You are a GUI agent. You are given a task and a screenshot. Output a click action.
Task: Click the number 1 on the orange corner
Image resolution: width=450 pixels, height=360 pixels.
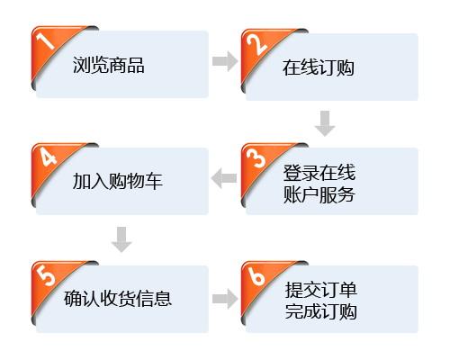[x=45, y=40]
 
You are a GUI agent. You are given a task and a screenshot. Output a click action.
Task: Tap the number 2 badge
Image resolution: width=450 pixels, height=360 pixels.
[x=257, y=44]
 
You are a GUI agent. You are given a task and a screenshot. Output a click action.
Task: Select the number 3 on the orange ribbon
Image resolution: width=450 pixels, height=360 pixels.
[x=256, y=158]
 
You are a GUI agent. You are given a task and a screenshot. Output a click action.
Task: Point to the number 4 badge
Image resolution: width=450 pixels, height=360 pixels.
[x=49, y=157]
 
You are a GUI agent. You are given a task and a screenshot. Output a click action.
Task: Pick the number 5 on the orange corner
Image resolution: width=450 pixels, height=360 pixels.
[x=46, y=275]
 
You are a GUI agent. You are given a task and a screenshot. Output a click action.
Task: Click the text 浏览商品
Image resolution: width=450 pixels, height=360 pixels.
[x=109, y=65]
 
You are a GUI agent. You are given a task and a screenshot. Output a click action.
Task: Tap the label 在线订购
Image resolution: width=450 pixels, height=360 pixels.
[x=319, y=67]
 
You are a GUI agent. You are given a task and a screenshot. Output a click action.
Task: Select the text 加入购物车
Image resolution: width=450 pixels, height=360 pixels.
[x=117, y=181]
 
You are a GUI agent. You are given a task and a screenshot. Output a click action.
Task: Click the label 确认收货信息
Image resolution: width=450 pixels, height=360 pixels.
[x=118, y=298]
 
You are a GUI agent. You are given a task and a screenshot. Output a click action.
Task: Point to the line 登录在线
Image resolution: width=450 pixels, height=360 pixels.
[x=319, y=173]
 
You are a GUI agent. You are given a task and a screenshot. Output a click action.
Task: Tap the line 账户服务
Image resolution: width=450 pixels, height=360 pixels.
[x=319, y=194]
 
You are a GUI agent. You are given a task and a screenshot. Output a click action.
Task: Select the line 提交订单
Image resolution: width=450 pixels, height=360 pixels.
[x=320, y=290]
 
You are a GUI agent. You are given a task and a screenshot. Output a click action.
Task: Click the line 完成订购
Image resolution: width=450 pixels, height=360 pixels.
[x=320, y=311]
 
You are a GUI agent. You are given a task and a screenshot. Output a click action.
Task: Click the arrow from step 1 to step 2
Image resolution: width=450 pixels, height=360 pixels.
[x=225, y=61]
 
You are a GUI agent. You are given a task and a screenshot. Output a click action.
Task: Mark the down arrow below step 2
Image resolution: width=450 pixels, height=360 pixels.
[x=325, y=123]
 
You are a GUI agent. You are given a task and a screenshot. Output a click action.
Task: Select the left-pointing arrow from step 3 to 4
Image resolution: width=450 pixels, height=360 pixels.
[x=224, y=178]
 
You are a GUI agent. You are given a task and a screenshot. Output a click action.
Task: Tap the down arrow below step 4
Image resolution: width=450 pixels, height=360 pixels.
[x=121, y=239]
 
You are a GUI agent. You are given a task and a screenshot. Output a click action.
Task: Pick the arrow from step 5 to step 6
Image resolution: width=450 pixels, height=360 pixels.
[x=225, y=299]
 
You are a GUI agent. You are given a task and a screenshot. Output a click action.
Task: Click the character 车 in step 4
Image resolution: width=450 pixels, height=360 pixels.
[x=154, y=181]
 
